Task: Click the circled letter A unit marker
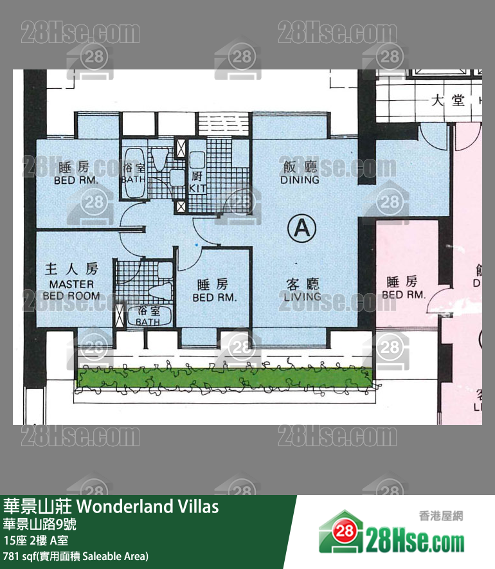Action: tap(302, 228)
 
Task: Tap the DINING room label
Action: tap(300, 174)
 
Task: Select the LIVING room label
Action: tap(301, 290)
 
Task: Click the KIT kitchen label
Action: tap(197, 182)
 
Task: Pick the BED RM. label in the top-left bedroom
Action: tap(76, 174)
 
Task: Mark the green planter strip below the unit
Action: tap(224, 379)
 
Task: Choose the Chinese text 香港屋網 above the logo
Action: tap(440, 515)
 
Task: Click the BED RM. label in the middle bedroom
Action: tap(215, 291)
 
